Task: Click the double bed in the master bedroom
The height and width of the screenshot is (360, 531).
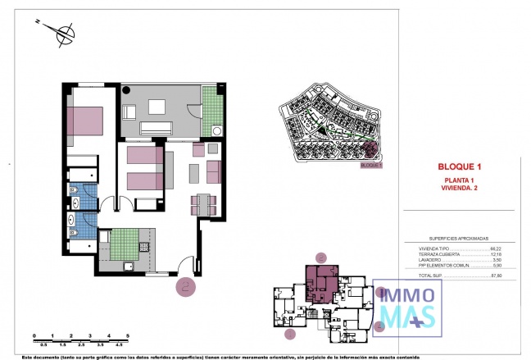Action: pos(85,121)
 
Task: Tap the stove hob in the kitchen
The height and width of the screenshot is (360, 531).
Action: pos(145,245)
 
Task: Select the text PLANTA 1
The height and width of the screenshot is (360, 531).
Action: pos(460,180)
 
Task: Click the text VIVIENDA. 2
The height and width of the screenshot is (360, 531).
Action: pos(460,188)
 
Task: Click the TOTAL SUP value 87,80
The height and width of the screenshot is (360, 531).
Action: pos(496,275)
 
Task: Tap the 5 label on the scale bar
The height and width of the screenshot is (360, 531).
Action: pos(128,343)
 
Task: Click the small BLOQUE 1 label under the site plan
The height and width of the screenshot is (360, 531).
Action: pos(371,165)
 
